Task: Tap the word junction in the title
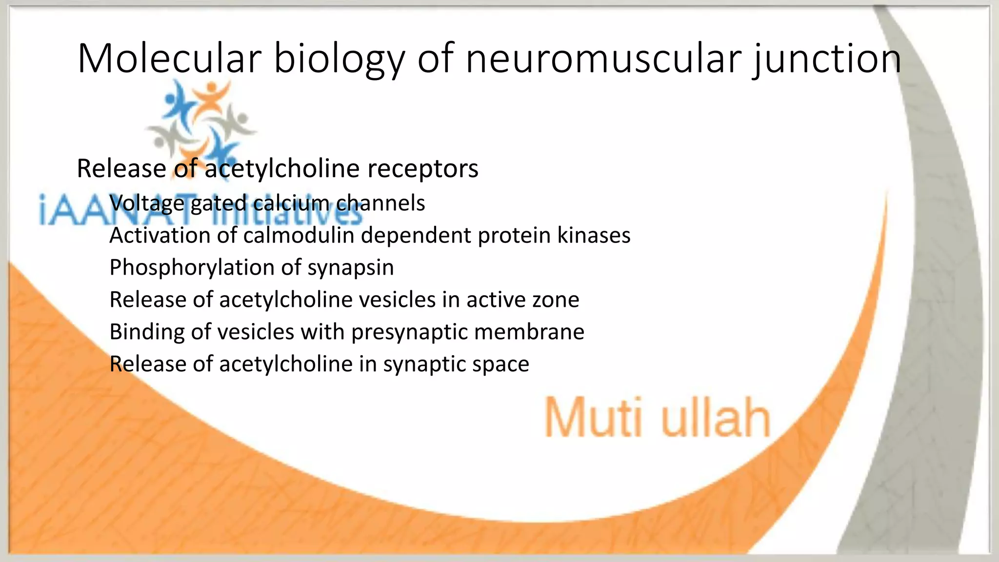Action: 826,59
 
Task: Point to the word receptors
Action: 422,169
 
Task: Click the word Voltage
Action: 146,203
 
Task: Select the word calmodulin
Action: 298,235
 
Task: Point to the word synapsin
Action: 350,268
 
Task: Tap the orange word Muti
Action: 593,418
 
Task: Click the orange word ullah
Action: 715,418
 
